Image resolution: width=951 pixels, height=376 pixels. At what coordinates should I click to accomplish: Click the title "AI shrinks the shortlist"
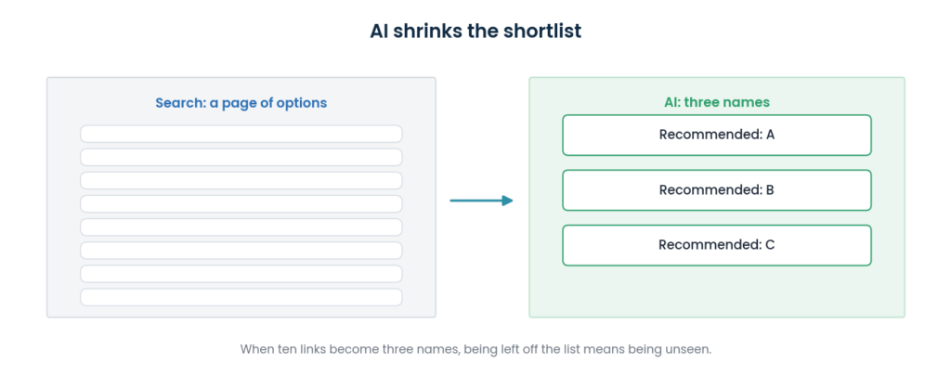click(475, 31)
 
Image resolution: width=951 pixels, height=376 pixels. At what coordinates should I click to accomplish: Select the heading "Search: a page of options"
click(241, 103)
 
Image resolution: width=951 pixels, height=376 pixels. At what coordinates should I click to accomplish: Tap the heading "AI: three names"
click(717, 102)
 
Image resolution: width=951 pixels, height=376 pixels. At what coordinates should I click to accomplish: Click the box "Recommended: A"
click(717, 136)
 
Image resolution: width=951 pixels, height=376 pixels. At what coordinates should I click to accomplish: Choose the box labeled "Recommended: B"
click(717, 190)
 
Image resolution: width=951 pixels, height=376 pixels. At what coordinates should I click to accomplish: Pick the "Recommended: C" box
click(717, 246)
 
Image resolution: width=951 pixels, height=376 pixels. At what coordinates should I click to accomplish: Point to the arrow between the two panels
click(482, 201)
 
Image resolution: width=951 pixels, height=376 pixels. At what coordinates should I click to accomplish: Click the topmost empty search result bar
click(241, 134)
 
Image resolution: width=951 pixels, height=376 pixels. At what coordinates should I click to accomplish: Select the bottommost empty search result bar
click(241, 297)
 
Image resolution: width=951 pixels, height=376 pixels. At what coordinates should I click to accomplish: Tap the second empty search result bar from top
click(241, 157)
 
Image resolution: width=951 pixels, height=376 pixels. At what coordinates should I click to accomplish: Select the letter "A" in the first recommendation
click(770, 135)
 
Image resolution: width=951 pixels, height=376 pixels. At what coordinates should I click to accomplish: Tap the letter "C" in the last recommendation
click(770, 245)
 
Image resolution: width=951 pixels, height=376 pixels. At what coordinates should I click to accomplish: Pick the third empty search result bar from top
click(241, 181)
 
